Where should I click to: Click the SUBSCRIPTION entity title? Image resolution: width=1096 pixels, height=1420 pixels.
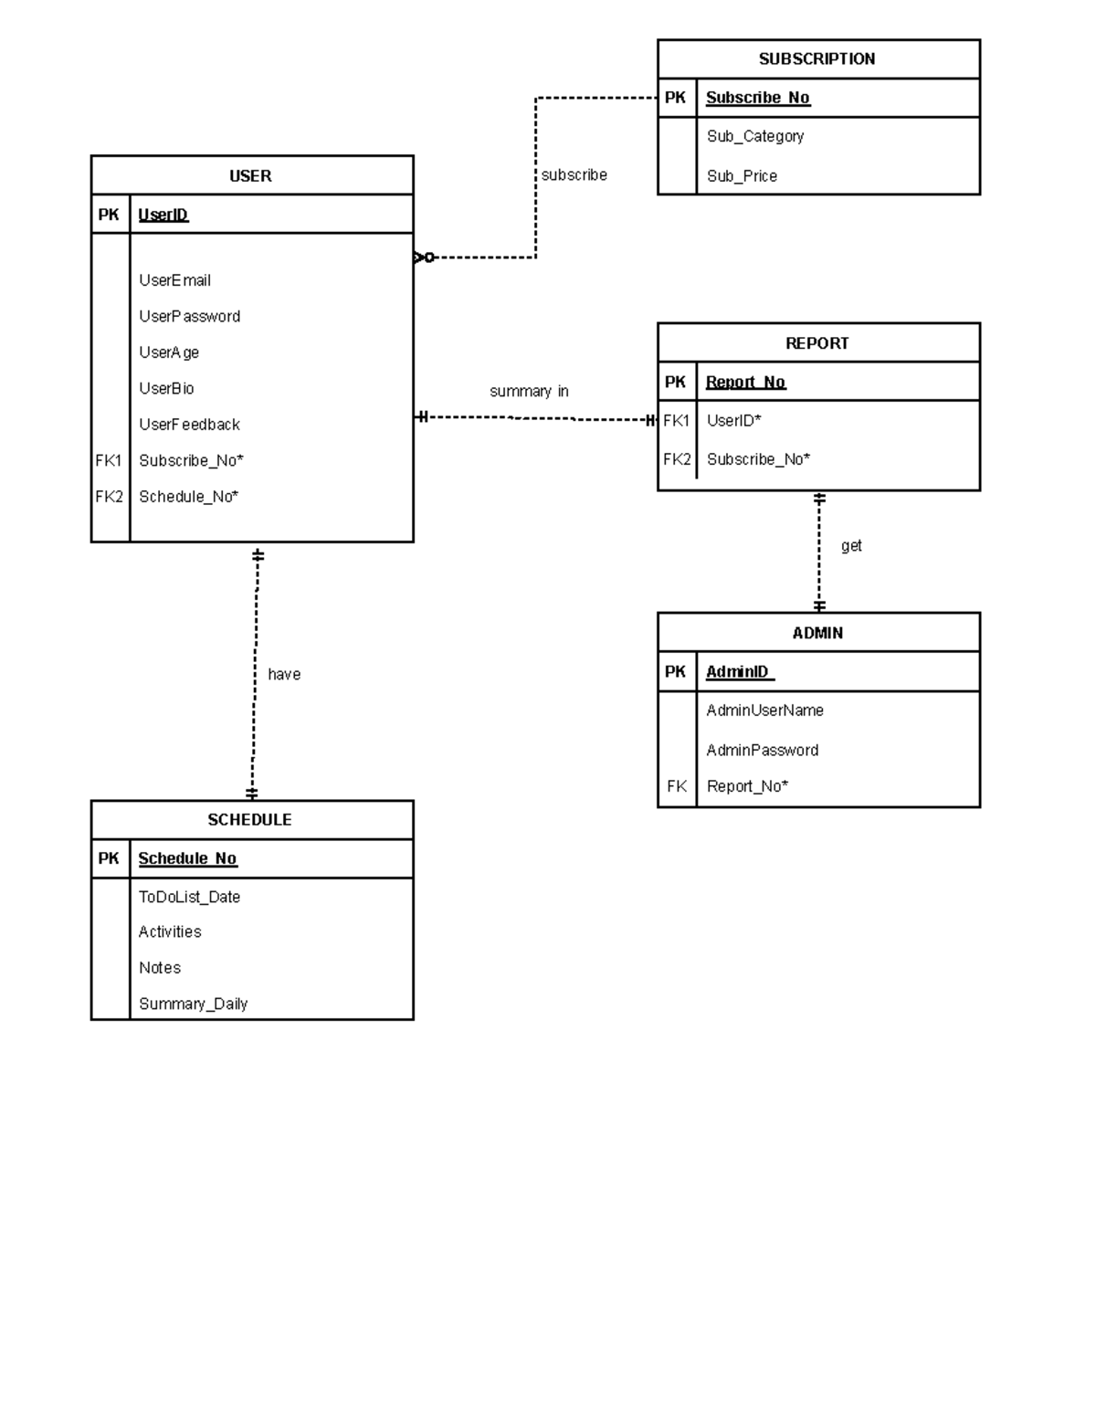pos(817,59)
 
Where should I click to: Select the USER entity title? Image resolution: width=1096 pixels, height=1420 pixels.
pos(250,176)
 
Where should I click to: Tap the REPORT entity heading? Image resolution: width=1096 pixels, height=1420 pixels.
pos(817,343)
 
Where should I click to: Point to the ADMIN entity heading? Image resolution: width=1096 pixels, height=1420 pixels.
pos(817,633)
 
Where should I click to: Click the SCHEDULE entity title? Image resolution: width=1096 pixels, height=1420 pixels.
pos(249,820)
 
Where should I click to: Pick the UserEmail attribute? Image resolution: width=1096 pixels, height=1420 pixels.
pos(174,280)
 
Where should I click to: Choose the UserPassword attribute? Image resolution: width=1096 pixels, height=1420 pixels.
pos(189,317)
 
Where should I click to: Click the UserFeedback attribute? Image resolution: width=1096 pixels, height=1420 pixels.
pos(189,425)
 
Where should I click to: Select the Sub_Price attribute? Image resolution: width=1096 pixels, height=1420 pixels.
pos(742,176)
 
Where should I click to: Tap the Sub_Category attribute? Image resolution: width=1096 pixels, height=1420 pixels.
pos(754,136)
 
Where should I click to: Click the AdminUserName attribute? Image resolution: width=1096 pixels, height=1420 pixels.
pos(764,710)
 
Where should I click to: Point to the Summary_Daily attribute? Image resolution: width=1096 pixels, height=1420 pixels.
pos(193,1004)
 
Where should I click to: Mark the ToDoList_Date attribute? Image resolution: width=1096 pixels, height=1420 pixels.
pos(189,897)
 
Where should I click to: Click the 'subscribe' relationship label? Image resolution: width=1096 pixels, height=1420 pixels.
pos(574,175)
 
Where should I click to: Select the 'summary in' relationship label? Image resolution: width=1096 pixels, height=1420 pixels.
pos(529,392)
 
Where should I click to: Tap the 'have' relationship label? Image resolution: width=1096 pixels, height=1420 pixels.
pos(284,675)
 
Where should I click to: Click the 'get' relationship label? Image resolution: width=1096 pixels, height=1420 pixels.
pos(851,546)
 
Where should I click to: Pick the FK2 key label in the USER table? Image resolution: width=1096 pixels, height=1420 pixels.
pos(109,497)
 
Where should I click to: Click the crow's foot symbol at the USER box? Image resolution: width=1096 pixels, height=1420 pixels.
pos(423,258)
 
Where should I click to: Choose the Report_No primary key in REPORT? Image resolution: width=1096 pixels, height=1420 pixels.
pos(745,383)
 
